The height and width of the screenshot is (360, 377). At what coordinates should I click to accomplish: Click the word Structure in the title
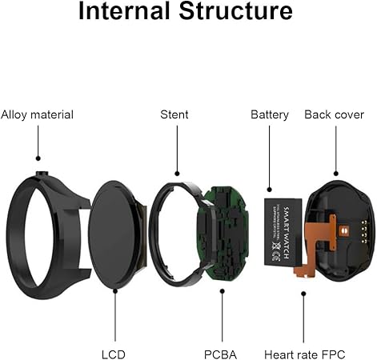tap(241, 13)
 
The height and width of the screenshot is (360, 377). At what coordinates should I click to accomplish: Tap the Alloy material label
tap(37, 114)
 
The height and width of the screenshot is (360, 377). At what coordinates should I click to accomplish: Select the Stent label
tap(174, 114)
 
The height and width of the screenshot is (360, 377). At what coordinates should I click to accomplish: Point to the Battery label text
tap(270, 114)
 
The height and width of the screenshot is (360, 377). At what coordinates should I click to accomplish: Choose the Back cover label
tap(335, 114)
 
